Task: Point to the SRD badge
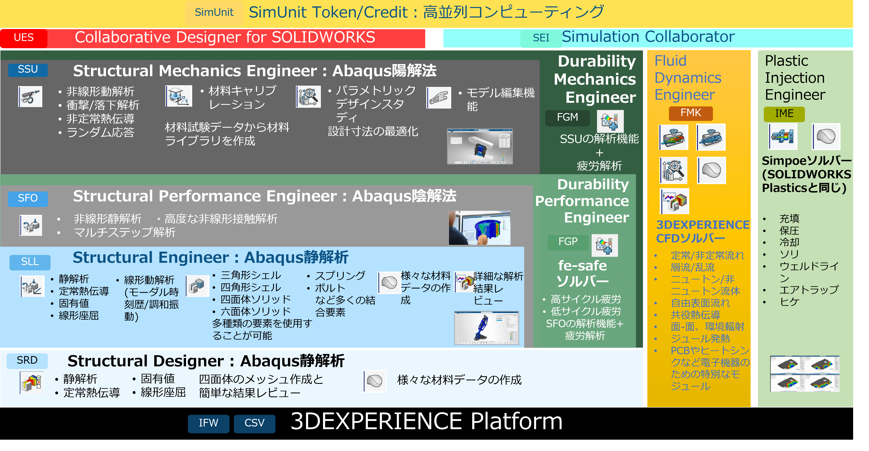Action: (x=27, y=360)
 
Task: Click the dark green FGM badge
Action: (x=568, y=118)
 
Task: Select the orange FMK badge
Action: (x=691, y=113)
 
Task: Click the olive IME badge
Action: (x=784, y=114)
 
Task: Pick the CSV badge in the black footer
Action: (x=254, y=423)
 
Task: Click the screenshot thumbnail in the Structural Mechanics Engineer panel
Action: (x=480, y=146)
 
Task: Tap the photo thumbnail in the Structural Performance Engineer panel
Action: (x=479, y=228)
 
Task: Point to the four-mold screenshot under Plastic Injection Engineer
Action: (x=805, y=374)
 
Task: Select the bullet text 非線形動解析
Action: (x=100, y=91)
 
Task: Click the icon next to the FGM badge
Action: (x=610, y=121)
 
